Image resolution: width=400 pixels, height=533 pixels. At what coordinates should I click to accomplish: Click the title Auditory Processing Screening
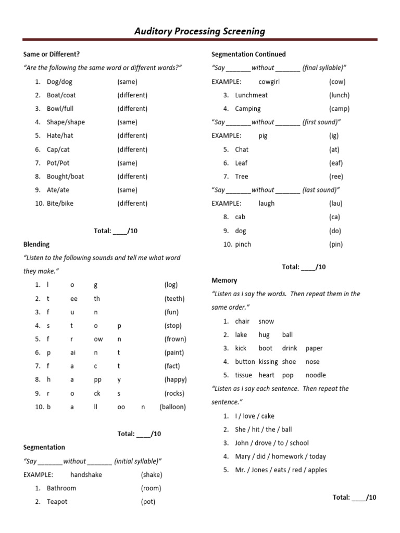click(x=199, y=31)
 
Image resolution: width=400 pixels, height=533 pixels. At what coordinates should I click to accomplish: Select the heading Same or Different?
click(x=52, y=54)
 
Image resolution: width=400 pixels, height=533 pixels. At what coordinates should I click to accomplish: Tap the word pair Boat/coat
click(x=61, y=95)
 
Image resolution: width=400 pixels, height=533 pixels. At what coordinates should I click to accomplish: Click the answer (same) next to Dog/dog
click(x=127, y=82)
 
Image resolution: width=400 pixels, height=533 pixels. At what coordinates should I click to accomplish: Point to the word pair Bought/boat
click(x=65, y=176)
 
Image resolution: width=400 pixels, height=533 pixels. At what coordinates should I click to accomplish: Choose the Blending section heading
click(x=36, y=244)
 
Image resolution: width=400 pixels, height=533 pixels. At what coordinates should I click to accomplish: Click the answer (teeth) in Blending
click(x=174, y=299)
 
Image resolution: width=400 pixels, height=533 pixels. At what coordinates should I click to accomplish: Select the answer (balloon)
click(x=172, y=407)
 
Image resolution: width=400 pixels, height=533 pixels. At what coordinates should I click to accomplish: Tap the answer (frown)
click(x=174, y=339)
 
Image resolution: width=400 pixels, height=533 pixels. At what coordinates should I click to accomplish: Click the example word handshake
click(x=86, y=475)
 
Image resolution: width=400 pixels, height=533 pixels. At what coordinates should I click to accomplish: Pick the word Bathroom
click(x=61, y=488)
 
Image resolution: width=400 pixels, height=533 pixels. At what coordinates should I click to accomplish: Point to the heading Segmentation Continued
click(x=248, y=54)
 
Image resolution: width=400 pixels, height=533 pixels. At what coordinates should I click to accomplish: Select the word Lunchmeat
click(x=251, y=95)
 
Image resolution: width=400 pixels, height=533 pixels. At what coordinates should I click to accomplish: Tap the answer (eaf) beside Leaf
click(x=336, y=163)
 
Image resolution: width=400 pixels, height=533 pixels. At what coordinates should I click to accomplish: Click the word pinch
click(x=243, y=244)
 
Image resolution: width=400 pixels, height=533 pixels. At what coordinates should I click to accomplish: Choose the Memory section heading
click(x=224, y=281)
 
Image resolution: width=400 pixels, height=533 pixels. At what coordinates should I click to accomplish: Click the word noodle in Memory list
click(x=316, y=375)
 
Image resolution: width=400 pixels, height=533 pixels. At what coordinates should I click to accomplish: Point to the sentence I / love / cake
click(x=255, y=416)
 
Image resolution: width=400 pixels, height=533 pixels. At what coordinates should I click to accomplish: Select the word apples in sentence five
click(x=317, y=470)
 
